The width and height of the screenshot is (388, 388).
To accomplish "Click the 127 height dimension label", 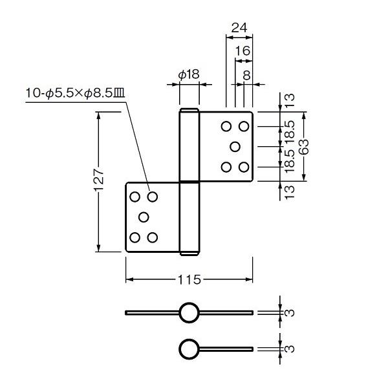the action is point(99,180).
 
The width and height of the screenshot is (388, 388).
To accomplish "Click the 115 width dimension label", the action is point(189,280).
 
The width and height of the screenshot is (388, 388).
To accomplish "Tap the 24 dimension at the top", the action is point(239,28).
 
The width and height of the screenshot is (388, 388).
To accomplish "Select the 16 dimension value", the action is point(242,50).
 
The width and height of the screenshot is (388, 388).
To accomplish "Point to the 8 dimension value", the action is point(247,75).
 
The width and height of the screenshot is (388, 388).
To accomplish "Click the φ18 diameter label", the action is point(189,74).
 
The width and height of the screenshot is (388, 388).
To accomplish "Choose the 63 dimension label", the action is point(304,147).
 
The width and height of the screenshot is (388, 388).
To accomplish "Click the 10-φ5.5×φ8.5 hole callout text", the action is point(75,94).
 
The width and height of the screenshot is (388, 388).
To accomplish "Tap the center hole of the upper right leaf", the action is point(235,147).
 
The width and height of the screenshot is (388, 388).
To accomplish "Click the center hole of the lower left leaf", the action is point(144,217).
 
